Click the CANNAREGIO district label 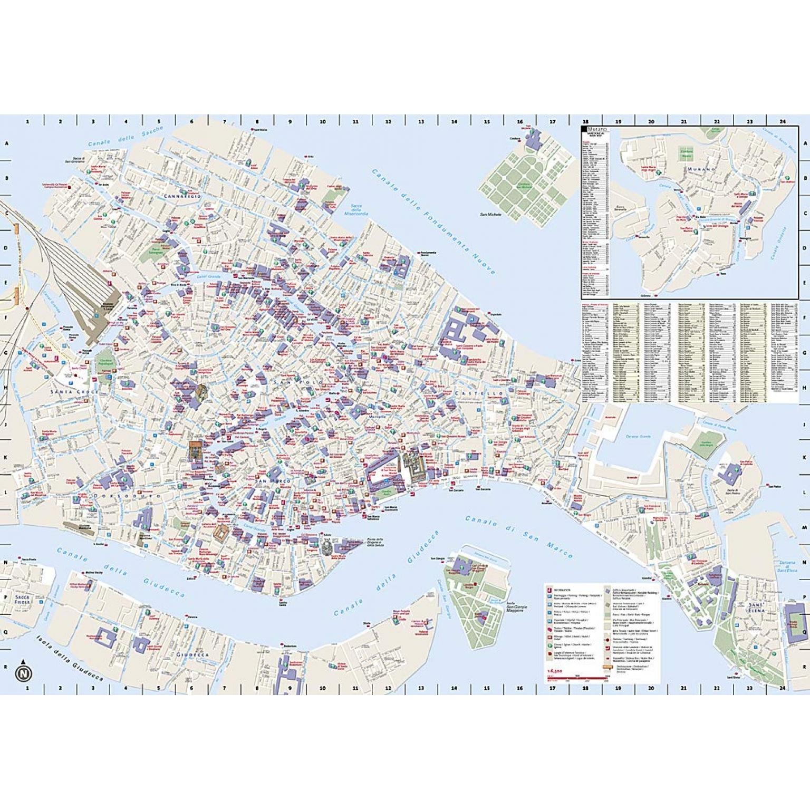(x=182, y=196)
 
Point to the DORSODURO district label (x=127, y=496)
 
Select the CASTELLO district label (x=478, y=393)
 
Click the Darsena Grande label (x=639, y=437)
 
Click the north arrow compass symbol (x=23, y=672)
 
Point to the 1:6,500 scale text (x=556, y=670)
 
